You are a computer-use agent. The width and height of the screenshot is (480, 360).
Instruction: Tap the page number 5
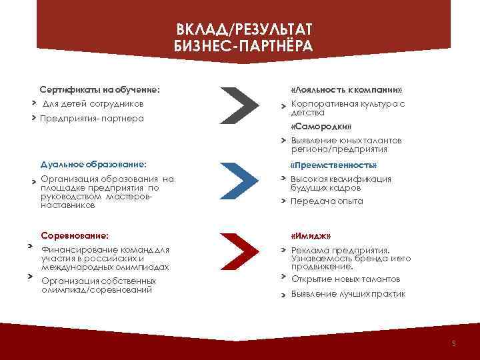[x=453, y=343]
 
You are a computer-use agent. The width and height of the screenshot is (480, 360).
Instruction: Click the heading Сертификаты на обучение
[x=99, y=89]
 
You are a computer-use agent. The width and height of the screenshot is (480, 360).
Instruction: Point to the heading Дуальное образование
[x=93, y=163]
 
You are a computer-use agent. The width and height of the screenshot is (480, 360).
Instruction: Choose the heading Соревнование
[x=75, y=235]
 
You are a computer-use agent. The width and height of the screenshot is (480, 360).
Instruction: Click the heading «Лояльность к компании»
[x=346, y=89]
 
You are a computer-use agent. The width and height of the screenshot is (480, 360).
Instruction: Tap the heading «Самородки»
[x=321, y=127]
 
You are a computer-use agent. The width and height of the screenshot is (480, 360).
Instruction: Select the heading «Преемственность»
[x=333, y=165]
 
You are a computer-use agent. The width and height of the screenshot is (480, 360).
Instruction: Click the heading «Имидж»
[x=311, y=236]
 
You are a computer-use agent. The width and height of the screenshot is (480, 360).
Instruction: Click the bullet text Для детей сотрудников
[x=92, y=104]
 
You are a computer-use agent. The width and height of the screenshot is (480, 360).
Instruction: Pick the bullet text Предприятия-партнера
[x=92, y=119]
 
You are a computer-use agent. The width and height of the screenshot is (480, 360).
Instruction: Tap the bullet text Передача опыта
[x=327, y=201]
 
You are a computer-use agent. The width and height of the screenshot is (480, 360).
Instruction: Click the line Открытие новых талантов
[x=345, y=279]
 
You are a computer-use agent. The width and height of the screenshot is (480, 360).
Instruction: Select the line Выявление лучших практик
[x=348, y=293]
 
